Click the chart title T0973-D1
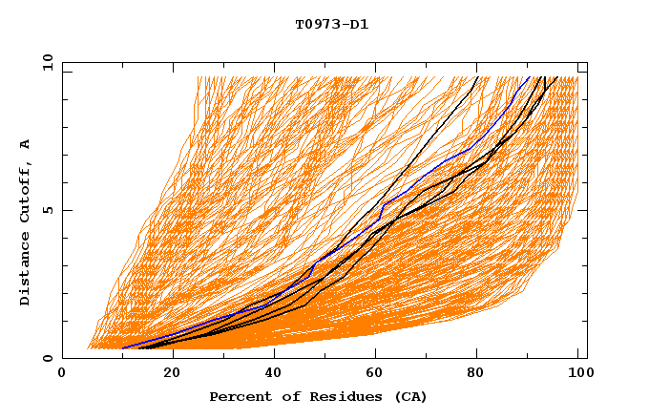coord(331,24)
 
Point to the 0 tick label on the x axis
coord(62,374)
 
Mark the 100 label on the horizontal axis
coord(578,374)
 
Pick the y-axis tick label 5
coord(48,211)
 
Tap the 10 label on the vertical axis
coord(45,63)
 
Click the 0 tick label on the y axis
coord(48,358)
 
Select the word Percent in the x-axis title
coord(236,396)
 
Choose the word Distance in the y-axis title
coord(26,271)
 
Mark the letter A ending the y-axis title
coord(26,143)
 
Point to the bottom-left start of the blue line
coord(123,348)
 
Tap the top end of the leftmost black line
coord(476,76)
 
